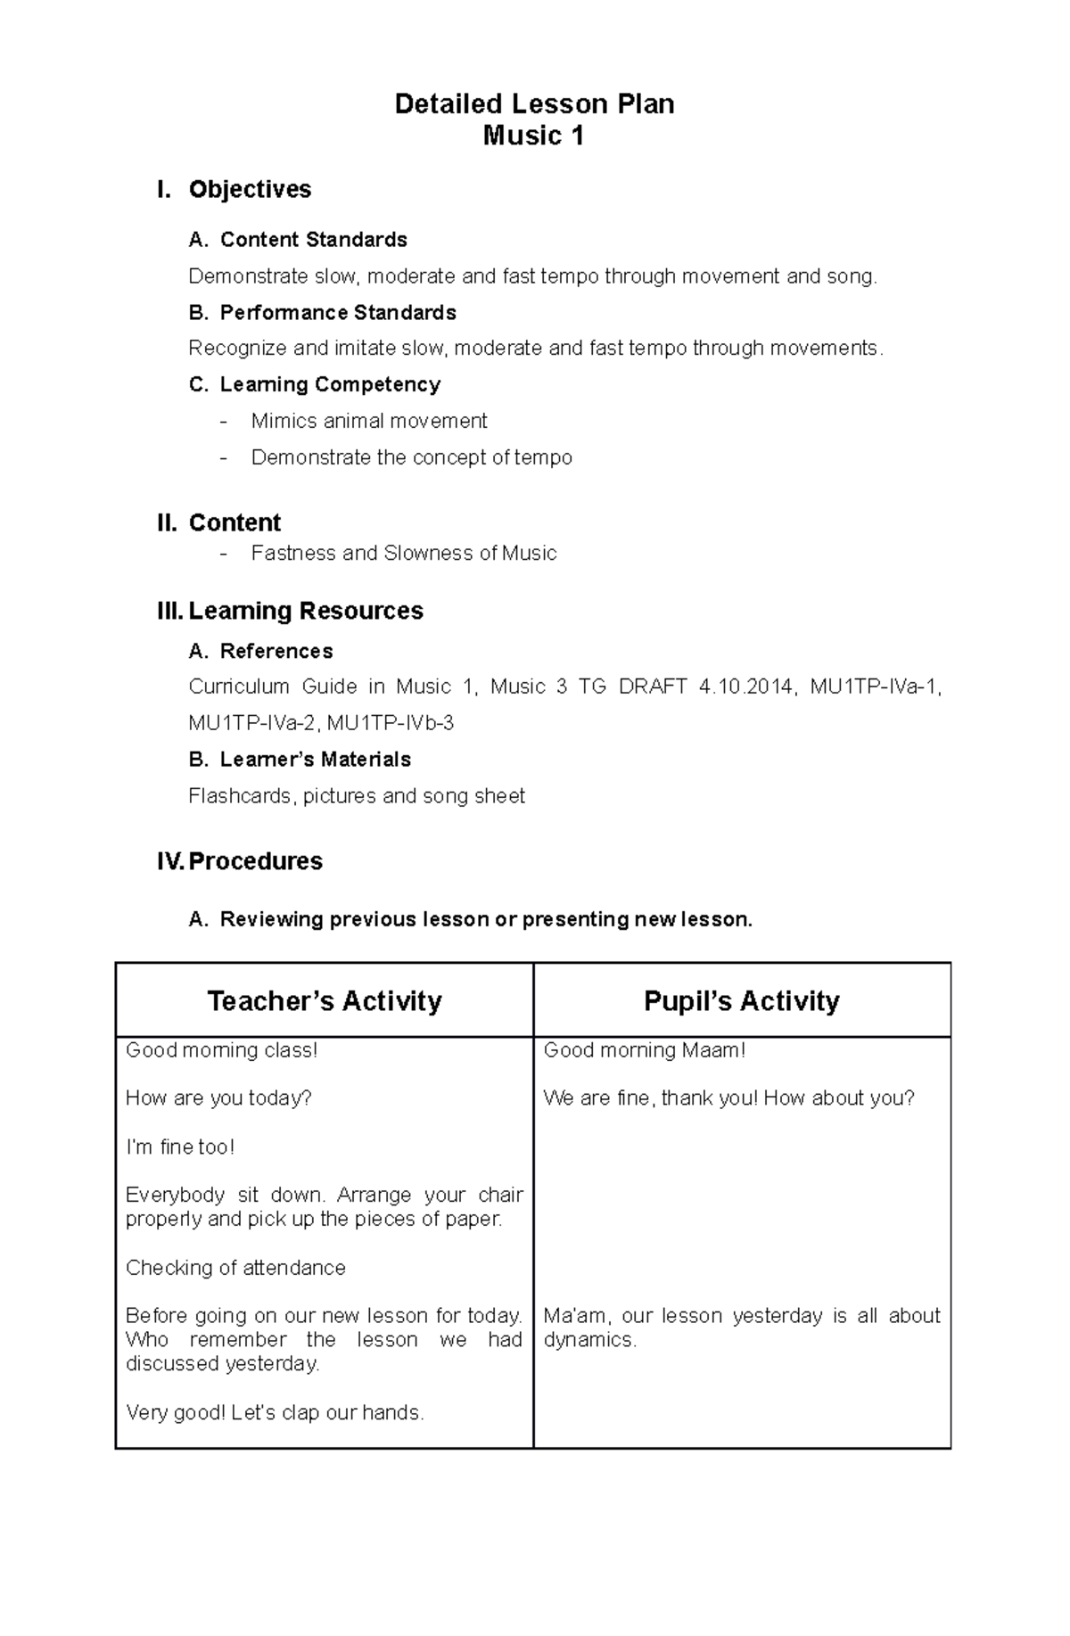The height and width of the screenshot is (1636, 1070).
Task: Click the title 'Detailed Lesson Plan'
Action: click(x=534, y=104)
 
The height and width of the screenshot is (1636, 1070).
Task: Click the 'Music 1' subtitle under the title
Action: click(x=533, y=136)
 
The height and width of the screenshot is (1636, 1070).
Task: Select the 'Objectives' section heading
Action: click(x=250, y=189)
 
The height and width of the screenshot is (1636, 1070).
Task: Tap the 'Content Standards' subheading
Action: click(x=313, y=240)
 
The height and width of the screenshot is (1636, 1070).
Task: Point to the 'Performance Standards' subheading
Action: click(x=338, y=313)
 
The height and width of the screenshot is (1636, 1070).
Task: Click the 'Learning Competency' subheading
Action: click(x=330, y=384)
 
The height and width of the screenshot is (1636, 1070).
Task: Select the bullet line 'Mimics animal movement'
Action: click(x=369, y=421)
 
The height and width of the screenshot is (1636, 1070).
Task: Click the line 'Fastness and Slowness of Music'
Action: click(x=404, y=553)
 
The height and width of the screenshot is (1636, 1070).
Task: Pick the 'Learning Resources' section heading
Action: click(x=306, y=611)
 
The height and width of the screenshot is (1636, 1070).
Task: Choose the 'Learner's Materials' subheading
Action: click(x=316, y=760)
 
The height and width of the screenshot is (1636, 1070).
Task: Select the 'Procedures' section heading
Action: click(x=255, y=861)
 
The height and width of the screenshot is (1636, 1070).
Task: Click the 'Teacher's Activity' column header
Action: click(x=325, y=1001)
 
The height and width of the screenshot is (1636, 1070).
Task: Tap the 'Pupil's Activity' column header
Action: click(x=742, y=1001)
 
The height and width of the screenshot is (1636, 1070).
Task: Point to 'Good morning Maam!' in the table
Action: click(x=645, y=1050)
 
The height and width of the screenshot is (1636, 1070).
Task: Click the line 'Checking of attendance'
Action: click(x=235, y=1268)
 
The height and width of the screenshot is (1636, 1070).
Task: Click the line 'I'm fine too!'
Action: click(x=180, y=1147)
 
